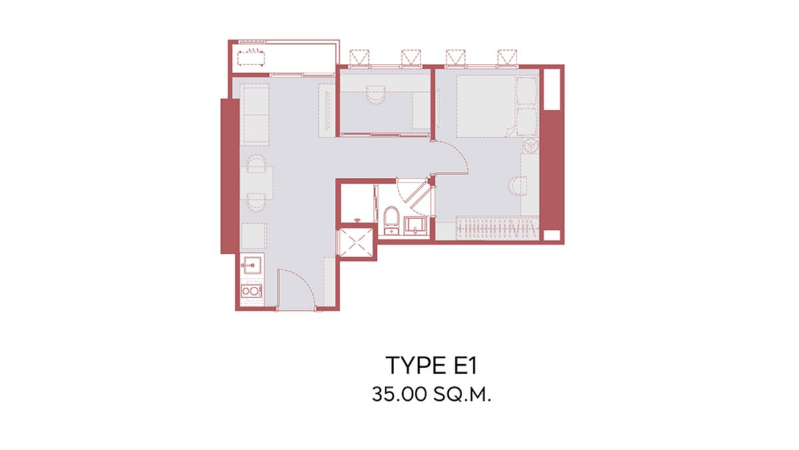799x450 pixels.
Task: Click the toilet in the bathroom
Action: pyautogui.click(x=391, y=220)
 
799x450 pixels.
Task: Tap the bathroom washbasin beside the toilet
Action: pyautogui.click(x=414, y=226)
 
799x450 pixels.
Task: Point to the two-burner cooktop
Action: pyautogui.click(x=251, y=291)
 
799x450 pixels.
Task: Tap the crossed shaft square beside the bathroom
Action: pyautogui.click(x=356, y=242)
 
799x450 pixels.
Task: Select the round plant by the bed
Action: pyautogui.click(x=531, y=146)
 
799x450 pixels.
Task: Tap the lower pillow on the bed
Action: pyautogui.click(x=527, y=122)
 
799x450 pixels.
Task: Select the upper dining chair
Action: pyautogui.click(x=256, y=163)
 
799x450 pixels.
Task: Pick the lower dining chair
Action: pyautogui.click(x=256, y=202)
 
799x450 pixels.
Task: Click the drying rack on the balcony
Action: pyautogui.click(x=251, y=57)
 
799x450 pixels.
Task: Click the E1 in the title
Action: pyautogui.click(x=462, y=365)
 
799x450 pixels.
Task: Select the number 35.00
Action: pyautogui.click(x=400, y=394)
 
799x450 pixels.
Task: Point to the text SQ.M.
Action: pyautogui.click(x=463, y=394)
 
